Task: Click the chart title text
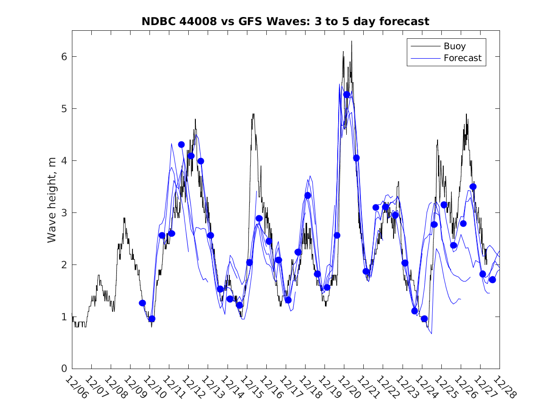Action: [x=285, y=22]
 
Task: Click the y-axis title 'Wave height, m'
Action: [x=52, y=200]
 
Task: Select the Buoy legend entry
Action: [x=454, y=46]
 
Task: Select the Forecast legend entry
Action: [x=462, y=58]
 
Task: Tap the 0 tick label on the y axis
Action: [x=63, y=369]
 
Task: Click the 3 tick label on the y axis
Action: [x=63, y=212]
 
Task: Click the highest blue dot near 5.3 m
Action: [x=347, y=95]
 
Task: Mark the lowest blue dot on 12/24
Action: [x=424, y=319]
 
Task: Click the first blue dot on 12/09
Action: [x=142, y=303]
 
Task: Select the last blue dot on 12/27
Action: [x=492, y=280]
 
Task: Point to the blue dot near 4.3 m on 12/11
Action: [x=181, y=144]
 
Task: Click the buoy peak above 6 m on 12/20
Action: [x=351, y=42]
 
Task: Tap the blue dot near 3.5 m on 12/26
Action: [x=473, y=186]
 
